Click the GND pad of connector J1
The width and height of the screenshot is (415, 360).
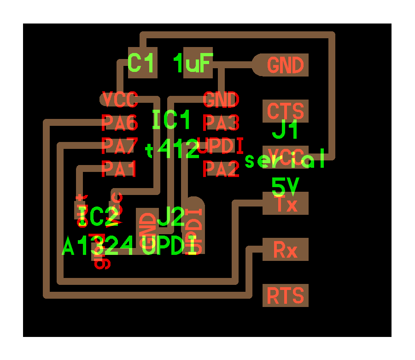click(x=286, y=65)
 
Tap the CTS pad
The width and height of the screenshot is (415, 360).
click(x=286, y=111)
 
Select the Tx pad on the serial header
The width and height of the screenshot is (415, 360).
click(x=286, y=204)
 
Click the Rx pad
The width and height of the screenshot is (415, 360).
click(x=286, y=249)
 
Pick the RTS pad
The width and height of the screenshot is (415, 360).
click(x=286, y=295)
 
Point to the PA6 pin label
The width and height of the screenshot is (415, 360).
click(x=119, y=123)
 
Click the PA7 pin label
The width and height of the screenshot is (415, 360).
click(x=119, y=146)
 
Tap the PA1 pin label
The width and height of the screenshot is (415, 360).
click(x=119, y=169)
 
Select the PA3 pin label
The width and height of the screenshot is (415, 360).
click(x=221, y=123)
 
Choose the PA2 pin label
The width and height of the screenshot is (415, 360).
click(x=221, y=169)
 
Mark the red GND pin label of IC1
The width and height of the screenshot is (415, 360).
click(x=221, y=99)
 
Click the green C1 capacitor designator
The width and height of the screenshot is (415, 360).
click(x=142, y=64)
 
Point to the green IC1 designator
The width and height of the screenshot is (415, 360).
click(x=171, y=121)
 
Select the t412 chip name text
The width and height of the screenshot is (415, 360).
click(x=172, y=150)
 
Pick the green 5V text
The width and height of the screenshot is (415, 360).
click(x=286, y=187)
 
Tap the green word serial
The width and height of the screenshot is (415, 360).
click(x=286, y=161)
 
